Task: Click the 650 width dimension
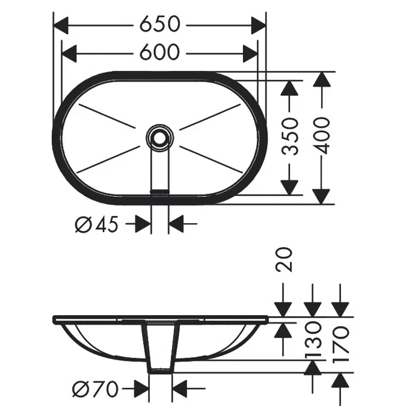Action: click(159, 24)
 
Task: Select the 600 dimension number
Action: click(159, 52)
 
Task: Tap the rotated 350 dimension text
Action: click(290, 137)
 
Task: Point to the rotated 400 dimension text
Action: click(322, 136)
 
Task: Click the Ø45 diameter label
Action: click(97, 224)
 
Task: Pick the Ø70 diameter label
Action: click(95, 389)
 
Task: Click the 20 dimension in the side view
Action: click(284, 260)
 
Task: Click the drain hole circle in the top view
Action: click(159, 138)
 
